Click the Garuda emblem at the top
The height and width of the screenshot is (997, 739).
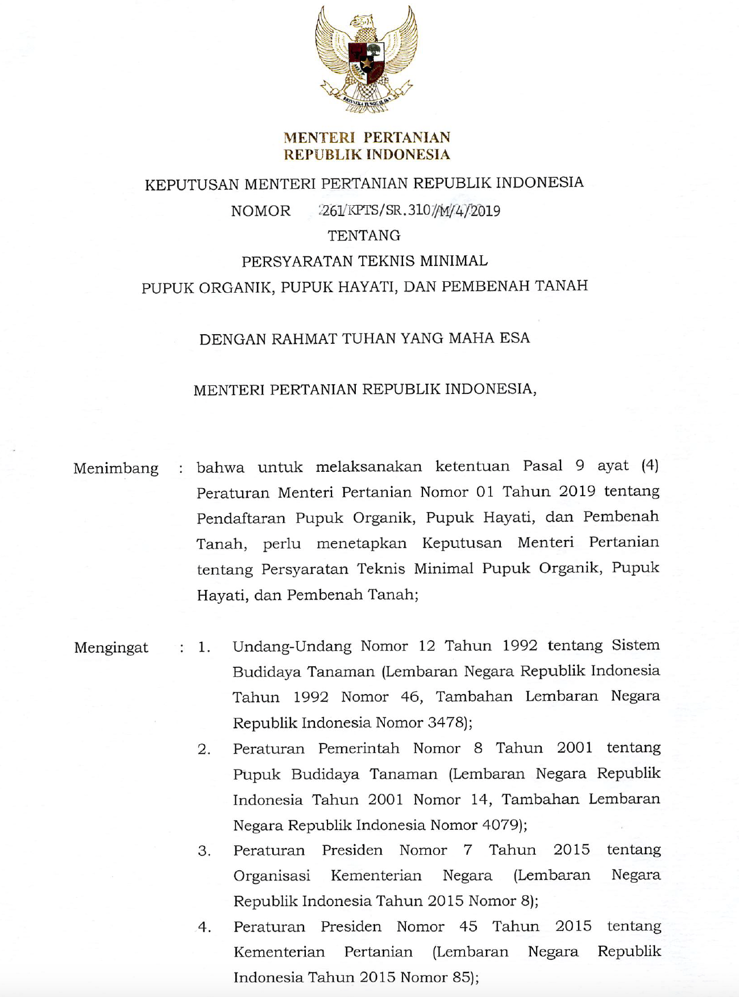coord(367,59)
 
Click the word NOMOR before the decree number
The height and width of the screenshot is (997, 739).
coord(260,211)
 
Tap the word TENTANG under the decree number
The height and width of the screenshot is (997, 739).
coord(364,235)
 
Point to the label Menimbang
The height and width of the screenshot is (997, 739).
coord(116,468)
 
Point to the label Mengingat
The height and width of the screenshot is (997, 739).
coord(111,647)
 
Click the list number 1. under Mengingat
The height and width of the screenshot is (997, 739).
coord(204,647)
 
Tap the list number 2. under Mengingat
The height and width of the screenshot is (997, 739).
coord(204,750)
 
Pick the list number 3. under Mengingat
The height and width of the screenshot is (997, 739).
coord(204,851)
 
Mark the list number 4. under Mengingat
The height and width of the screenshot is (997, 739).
coord(204,928)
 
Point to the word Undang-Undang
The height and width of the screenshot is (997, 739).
coord(292,646)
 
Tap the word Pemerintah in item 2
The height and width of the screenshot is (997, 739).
coord(359,749)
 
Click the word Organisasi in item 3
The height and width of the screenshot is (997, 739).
coord(272,876)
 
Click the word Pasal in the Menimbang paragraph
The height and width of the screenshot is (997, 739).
coord(542,466)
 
